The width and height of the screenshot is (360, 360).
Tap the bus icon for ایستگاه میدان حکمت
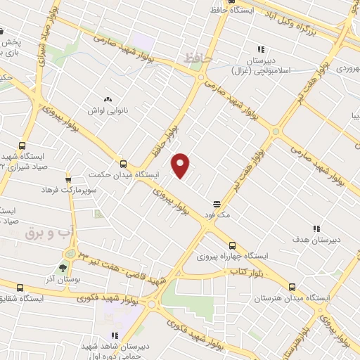point(124,161)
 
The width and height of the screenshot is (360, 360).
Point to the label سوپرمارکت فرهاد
point(49,190)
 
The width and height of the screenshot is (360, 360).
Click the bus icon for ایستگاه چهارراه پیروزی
point(232,245)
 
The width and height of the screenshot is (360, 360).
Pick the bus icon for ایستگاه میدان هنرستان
point(293,287)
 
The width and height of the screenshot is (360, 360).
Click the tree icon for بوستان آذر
point(63,269)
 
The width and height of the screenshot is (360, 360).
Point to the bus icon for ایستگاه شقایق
point(20,287)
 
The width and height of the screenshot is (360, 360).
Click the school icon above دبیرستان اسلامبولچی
point(260,49)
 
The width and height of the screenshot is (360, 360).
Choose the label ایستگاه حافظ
point(233,11)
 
